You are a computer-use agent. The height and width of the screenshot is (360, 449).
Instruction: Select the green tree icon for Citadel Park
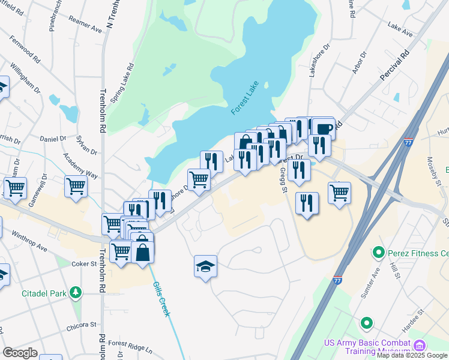pyautogui.click(x=76, y=292)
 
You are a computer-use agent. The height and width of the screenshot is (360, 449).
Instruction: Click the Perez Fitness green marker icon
pyautogui.click(x=378, y=252)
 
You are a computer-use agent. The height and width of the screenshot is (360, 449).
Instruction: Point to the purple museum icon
pyautogui.click(x=420, y=346)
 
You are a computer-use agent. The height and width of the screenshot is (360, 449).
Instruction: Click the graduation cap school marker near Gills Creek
pyautogui.click(x=205, y=266)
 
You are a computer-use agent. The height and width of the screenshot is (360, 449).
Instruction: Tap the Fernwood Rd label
pyautogui.click(x=25, y=48)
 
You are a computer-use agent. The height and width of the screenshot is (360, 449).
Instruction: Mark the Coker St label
pyautogui.click(x=85, y=264)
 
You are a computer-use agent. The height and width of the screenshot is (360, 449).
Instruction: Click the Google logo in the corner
pyautogui.click(x=20, y=352)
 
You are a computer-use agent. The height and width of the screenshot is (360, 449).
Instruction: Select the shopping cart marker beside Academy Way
pyautogui.click(x=76, y=186)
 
